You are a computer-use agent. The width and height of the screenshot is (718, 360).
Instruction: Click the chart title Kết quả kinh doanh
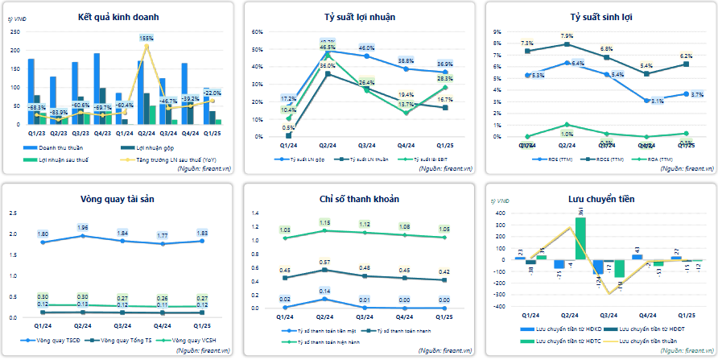pyautogui.click(x=118, y=17)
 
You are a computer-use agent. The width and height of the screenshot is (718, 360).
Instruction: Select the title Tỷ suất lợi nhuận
pyautogui.click(x=359, y=17)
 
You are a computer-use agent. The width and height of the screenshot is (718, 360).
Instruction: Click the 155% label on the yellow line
pyautogui.click(x=146, y=38)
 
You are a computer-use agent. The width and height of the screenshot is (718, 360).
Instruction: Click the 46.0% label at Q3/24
pyautogui.click(x=367, y=48)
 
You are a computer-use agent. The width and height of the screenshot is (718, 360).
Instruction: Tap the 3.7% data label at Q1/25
pyautogui.click(x=697, y=95)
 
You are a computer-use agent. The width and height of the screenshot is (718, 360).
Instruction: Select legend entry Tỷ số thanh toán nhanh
pyautogui.click(x=395, y=331)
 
